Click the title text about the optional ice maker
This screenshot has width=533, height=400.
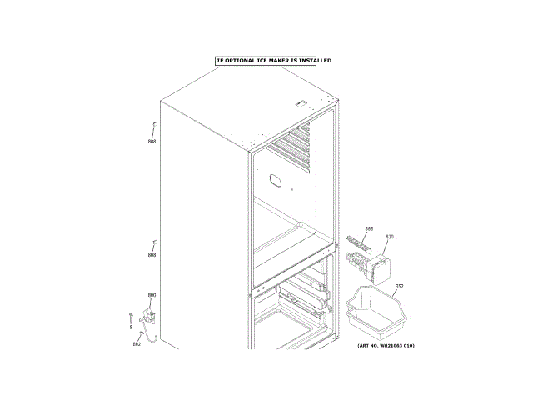point(273,61)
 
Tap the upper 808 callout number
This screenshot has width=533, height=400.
point(152,142)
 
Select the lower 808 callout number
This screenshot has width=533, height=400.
point(152,255)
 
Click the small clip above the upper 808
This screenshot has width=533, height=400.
point(153,127)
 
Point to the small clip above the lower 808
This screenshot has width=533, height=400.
point(153,242)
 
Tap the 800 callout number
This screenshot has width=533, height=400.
point(152,295)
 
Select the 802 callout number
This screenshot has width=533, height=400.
point(137,344)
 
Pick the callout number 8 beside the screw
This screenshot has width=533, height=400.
point(131,327)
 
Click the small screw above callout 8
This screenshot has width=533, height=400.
point(132,313)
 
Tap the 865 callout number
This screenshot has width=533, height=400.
point(369,228)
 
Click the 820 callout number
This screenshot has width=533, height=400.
point(390,237)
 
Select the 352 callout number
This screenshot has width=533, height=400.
point(400,287)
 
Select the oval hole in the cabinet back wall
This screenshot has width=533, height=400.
point(276,180)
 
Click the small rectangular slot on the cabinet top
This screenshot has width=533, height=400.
point(301,104)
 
